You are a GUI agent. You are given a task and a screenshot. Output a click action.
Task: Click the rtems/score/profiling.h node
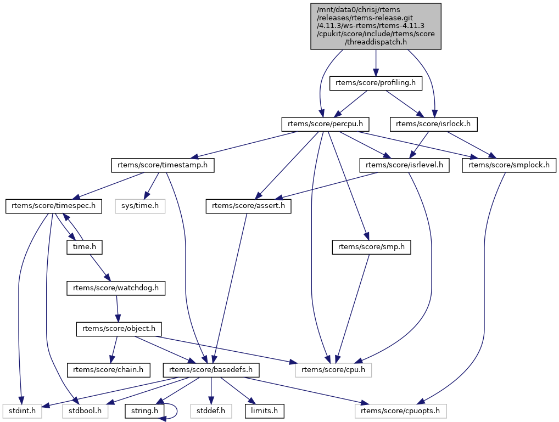376,83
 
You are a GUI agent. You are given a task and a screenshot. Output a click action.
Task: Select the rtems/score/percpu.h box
324,124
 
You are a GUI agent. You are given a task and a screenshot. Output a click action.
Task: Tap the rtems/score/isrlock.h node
433,124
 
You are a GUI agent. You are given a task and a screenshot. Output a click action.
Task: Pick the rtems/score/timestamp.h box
163,165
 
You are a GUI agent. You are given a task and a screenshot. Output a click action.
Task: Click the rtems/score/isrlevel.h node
404,165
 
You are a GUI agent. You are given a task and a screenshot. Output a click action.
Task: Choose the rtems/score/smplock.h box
509,165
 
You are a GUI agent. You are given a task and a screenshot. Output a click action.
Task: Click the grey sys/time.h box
139,206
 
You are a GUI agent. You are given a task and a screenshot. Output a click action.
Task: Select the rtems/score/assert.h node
249,206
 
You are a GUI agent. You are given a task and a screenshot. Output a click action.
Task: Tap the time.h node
85,247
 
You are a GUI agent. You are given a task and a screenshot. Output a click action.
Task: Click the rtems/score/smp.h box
371,247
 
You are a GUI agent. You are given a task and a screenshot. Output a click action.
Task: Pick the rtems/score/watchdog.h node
116,288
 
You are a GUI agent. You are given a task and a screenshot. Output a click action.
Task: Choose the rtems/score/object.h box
119,329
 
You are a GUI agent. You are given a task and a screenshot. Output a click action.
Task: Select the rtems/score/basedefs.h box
211,370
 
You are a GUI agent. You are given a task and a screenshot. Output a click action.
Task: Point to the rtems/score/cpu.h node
333,370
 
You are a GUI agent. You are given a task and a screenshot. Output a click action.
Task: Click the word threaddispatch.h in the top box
376,42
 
